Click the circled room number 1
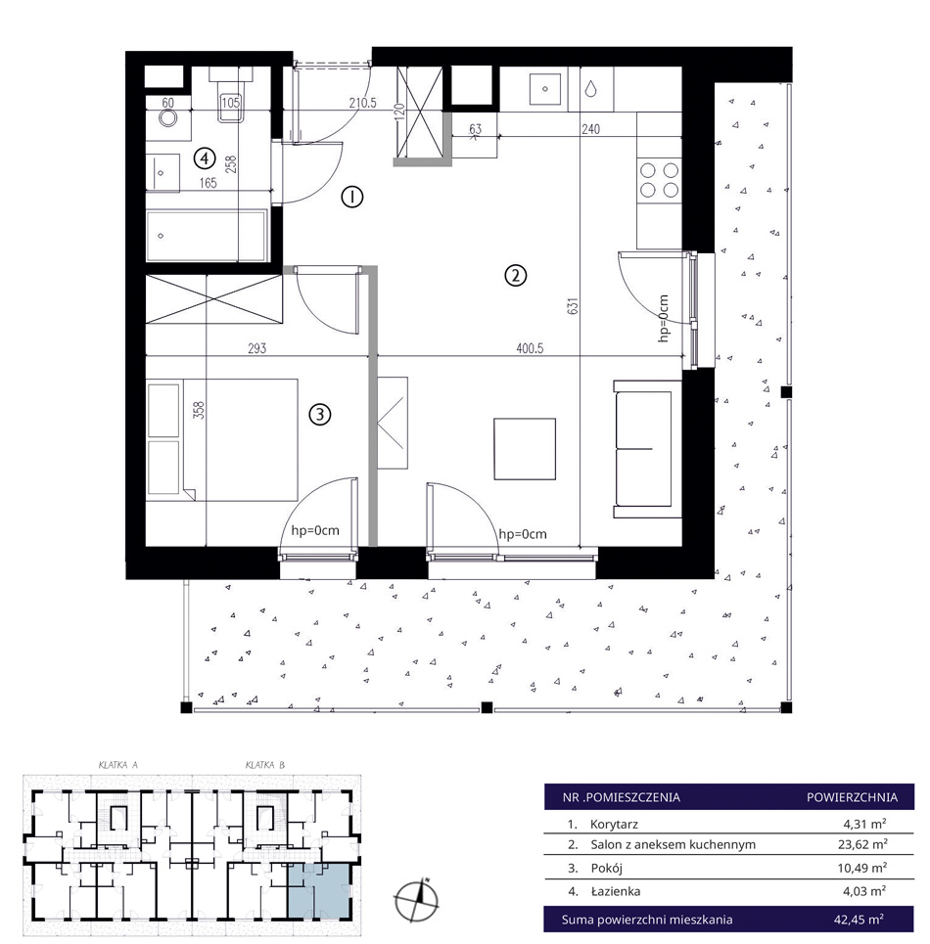click(x=351, y=197)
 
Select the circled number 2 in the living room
click(x=515, y=276)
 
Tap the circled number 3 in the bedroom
click(x=320, y=414)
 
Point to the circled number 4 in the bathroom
click(x=205, y=158)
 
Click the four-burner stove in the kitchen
click(x=659, y=180)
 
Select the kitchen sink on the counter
click(x=545, y=88)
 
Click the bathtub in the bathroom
click(x=206, y=236)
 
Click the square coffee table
click(x=525, y=449)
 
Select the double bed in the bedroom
click(x=223, y=439)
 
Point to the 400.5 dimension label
click(x=530, y=348)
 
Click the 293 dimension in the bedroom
click(x=257, y=348)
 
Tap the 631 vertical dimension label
click(x=573, y=306)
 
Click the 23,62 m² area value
click(x=862, y=844)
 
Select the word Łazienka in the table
click(x=615, y=891)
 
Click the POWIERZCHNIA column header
click(x=852, y=797)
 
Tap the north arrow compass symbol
click(x=417, y=900)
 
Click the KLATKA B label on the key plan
click(x=265, y=765)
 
